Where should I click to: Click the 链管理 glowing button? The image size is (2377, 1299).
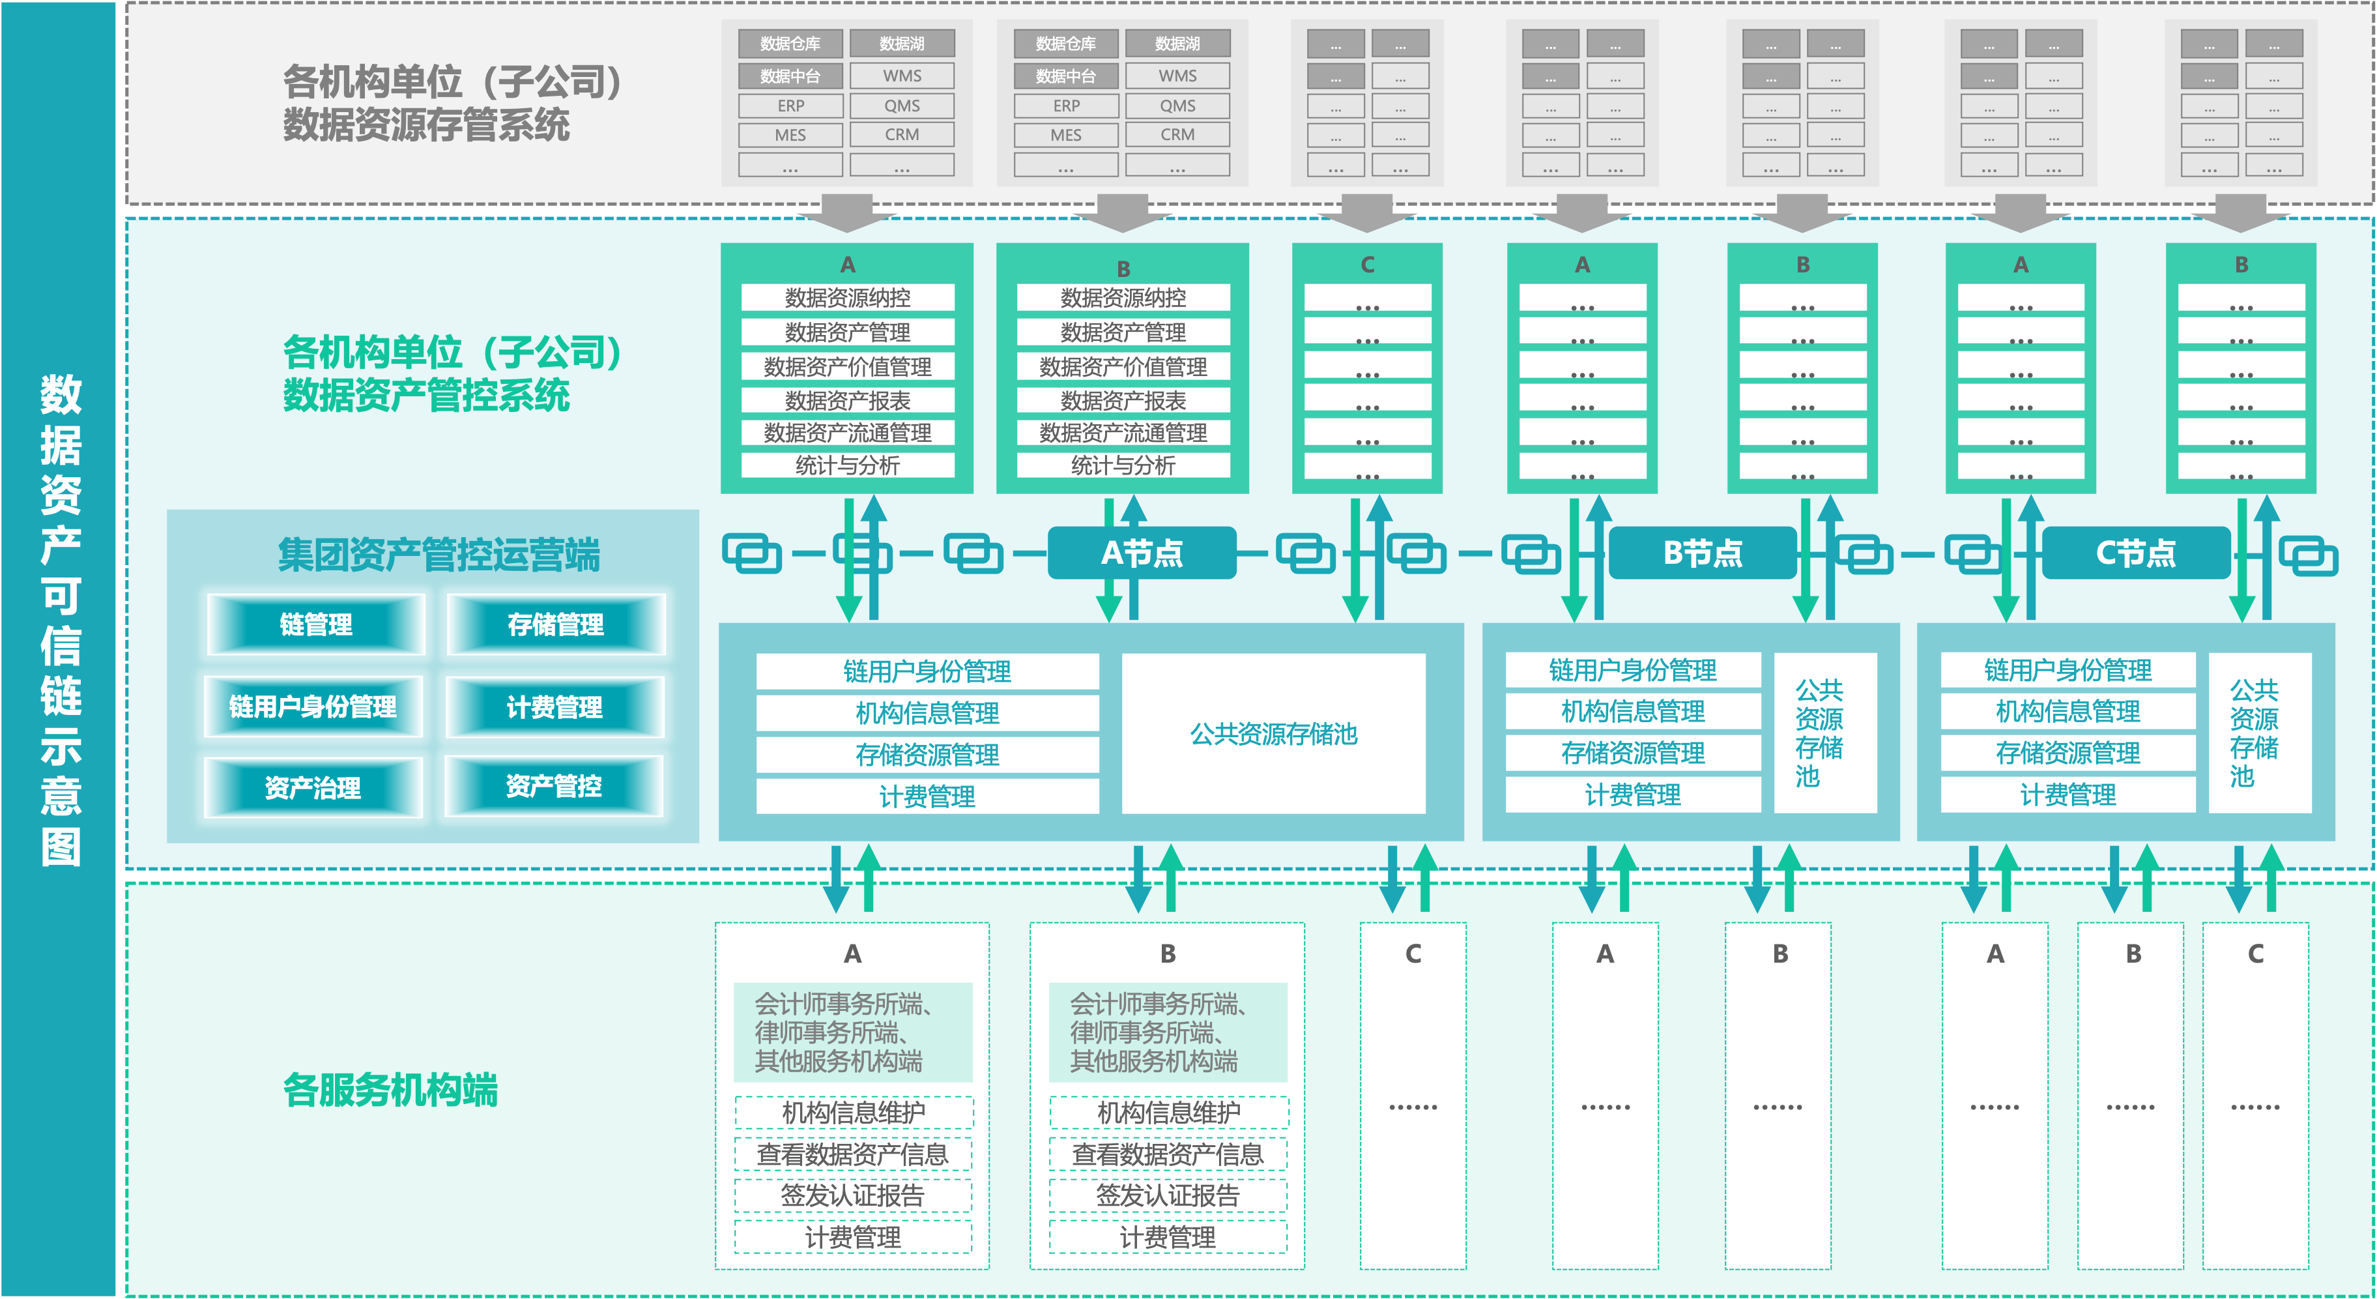click(315, 625)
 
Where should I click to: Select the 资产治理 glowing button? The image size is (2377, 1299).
click(313, 787)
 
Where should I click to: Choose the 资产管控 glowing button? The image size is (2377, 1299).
click(554, 785)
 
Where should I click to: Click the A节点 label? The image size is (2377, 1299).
click(1142, 553)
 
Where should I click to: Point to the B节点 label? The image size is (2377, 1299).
click(1703, 553)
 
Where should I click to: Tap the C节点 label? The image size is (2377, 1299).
click(2135, 553)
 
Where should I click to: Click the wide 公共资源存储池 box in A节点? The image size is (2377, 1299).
click(1273, 734)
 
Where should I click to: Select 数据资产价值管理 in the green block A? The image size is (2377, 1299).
click(847, 366)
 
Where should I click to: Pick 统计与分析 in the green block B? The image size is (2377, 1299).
click(1123, 465)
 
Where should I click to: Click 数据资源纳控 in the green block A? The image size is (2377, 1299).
click(847, 297)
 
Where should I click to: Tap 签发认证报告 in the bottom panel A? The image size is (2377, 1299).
click(853, 1195)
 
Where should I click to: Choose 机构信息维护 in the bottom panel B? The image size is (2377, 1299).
click(1168, 1113)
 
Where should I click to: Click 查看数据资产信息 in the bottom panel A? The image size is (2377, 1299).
click(853, 1154)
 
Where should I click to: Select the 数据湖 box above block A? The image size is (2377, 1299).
click(902, 44)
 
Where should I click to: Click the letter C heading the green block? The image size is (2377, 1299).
click(1368, 265)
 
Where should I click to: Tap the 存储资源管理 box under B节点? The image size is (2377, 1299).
click(1632, 752)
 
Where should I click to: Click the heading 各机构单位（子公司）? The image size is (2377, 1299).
click(452, 352)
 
